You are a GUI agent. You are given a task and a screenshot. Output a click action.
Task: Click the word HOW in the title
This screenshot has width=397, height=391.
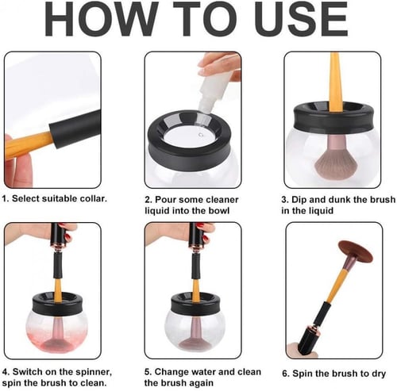(x=101, y=20)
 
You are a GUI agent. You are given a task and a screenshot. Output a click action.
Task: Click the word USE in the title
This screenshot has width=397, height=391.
(x=301, y=20)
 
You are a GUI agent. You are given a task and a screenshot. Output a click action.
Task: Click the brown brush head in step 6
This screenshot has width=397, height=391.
(x=356, y=251)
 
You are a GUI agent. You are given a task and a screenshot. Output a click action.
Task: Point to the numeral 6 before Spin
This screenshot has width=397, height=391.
(x=285, y=374)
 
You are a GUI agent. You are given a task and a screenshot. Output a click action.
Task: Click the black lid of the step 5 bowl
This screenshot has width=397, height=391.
(x=195, y=301)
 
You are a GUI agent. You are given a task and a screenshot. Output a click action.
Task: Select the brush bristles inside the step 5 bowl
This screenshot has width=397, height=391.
(x=195, y=342)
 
